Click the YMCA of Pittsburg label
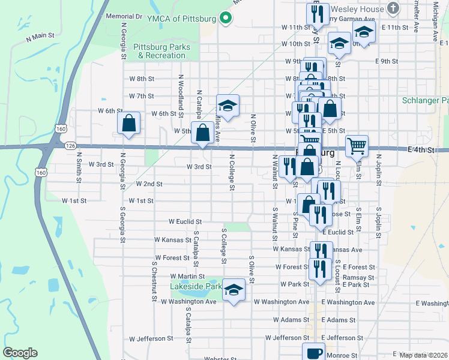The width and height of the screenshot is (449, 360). click(181, 19)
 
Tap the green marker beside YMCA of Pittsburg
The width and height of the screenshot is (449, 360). click(226, 19)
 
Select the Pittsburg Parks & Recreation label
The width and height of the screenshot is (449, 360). click(161, 51)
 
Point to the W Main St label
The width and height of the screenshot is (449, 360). click(40, 37)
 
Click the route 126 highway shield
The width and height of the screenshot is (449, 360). click(70, 145)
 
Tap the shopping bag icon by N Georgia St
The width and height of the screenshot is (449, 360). click(129, 124)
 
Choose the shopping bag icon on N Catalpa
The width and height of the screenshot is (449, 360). click(203, 133)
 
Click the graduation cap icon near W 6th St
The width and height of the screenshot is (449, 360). click(228, 106)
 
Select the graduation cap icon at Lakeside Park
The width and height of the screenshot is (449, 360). click(234, 290)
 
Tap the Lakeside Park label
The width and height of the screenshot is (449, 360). click(196, 287)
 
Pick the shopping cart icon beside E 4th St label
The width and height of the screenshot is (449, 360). click(357, 146)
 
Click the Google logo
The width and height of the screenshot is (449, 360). click(20, 353)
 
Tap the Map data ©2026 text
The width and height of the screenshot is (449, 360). click(423, 355)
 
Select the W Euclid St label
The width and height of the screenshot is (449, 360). click(185, 221)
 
